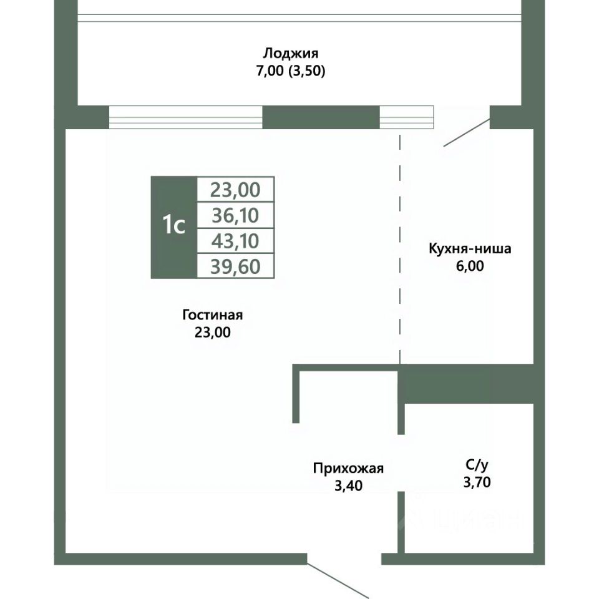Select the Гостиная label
[x=212, y=315]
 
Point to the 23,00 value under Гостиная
[x=212, y=333]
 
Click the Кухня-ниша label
[x=470, y=249]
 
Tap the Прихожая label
[x=348, y=468]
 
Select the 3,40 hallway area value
[x=348, y=485]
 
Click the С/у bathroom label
[x=477, y=465]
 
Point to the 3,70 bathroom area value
[x=477, y=482]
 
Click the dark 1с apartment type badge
[x=173, y=227]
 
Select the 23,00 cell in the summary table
[x=236, y=189]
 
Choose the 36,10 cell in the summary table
[x=236, y=215]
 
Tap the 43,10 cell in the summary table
[x=236, y=241]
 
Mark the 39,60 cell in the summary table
[x=236, y=266]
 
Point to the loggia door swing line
[x=466, y=132]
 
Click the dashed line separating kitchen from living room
[x=400, y=250]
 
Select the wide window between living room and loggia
[x=185, y=117]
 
